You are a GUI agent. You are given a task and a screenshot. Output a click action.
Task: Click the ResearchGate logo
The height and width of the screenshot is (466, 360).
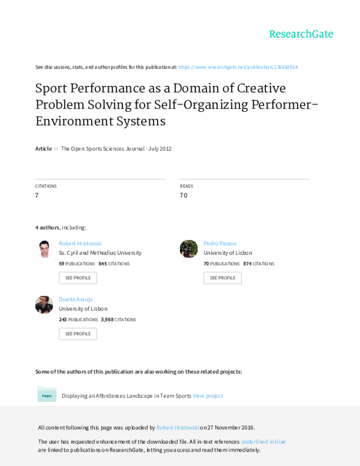301,34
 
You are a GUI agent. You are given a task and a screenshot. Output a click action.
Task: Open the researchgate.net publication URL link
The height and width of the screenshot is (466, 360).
238,67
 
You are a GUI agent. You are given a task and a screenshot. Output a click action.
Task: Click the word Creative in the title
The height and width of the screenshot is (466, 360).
262,88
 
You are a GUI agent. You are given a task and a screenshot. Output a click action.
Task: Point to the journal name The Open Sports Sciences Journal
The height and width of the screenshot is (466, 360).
103,148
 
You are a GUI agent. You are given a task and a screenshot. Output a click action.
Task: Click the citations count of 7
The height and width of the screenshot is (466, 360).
37,195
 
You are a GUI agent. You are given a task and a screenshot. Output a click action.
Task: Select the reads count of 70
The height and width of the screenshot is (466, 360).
184,195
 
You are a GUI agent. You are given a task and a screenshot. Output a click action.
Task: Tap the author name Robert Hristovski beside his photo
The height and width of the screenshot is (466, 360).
80,243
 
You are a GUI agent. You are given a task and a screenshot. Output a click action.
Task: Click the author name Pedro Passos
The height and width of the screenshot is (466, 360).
220,243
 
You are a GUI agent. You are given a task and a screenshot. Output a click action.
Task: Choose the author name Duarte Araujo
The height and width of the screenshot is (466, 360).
76,299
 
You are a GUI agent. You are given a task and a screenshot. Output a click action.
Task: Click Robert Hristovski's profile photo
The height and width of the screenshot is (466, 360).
44,249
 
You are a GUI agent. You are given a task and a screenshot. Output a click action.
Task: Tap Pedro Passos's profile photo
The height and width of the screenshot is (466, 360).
188,249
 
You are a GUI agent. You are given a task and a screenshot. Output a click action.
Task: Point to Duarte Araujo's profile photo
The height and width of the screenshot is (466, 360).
44,304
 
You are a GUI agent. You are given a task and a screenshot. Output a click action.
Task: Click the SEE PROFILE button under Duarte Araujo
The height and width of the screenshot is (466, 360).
78,334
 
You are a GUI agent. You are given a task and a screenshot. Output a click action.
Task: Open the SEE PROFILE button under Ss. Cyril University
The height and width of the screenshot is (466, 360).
78,278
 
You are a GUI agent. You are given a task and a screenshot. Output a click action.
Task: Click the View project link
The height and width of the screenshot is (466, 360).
208,396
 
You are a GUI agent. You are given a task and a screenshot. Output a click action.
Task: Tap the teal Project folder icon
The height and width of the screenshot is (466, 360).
47,395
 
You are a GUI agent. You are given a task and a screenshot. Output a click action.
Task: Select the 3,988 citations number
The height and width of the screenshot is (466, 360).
107,319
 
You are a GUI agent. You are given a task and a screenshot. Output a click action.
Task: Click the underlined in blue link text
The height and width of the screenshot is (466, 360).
263,441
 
